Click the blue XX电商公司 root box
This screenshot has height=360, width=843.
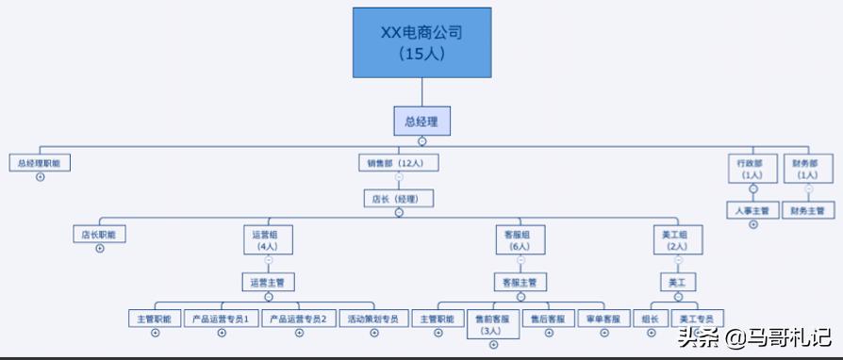coord(421,42)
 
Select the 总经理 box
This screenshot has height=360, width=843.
coord(421,121)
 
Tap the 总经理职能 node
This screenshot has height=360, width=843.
coord(40,163)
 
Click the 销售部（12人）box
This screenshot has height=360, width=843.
coord(398,163)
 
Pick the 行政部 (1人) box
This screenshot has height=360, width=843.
coord(752,169)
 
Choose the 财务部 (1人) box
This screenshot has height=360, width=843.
coord(808,169)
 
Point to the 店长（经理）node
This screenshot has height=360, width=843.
coord(398,199)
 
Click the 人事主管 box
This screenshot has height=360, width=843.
coord(752,210)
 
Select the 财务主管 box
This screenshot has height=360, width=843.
coord(808,210)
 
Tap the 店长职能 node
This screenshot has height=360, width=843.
coord(100,234)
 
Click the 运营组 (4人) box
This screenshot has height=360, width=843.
coord(268,239)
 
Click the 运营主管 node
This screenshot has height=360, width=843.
coord(268,281)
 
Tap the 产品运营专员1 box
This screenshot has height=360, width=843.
coord(221,319)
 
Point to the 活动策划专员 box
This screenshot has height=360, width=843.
coord(373,319)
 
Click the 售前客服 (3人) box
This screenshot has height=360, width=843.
coord(492,324)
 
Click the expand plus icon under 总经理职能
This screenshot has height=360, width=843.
coord(40,177)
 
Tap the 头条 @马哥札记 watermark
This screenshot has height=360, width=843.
coord(752,336)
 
